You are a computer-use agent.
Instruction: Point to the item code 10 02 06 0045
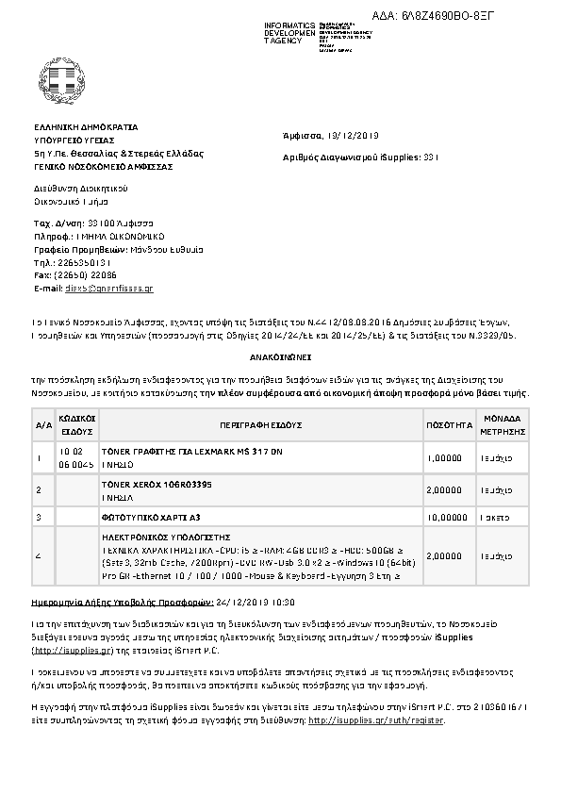pyautogui.click(x=76, y=458)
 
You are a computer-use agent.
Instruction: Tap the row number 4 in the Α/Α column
pyautogui.click(x=39, y=556)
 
